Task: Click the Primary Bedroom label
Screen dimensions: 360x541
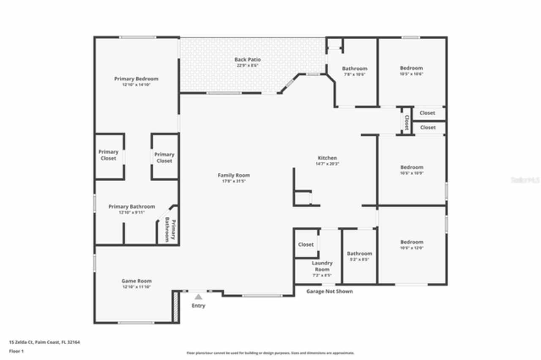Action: [136, 79]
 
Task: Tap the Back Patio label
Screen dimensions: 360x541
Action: [247, 60]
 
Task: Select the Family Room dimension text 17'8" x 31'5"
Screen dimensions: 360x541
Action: [234, 181]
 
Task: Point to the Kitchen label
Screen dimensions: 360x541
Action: [327, 158]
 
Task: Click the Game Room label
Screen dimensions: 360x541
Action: [137, 281]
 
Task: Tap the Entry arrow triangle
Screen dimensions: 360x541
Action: [198, 297]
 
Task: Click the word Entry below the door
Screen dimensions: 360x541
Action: [198, 305]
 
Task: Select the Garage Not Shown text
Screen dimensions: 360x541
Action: [329, 292]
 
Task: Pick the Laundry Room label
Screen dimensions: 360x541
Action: [322, 266]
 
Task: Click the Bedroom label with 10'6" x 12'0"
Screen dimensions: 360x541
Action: [412, 242]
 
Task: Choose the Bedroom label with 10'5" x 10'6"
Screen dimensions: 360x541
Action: [411, 68]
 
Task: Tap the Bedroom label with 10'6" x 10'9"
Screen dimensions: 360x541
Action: [412, 167]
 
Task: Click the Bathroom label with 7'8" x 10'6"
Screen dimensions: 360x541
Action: [355, 68]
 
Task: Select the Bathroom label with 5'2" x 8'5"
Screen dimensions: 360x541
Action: [360, 254]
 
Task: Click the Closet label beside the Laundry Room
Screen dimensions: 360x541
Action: [306, 245]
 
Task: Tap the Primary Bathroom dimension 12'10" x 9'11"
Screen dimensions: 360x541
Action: [132, 213]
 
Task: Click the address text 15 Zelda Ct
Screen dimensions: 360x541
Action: [44, 343]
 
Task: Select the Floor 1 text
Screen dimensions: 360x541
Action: [16, 351]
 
